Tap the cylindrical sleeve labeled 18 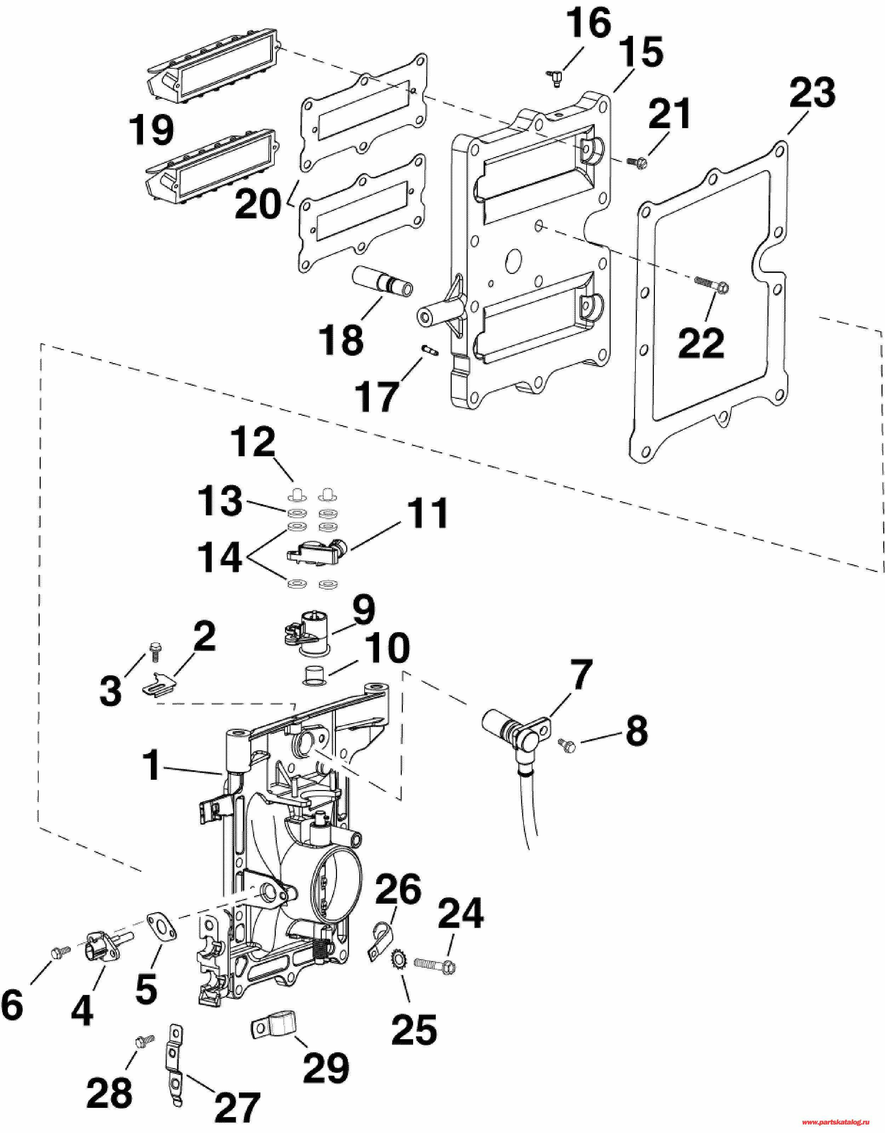click(382, 281)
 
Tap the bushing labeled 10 click(315, 675)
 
